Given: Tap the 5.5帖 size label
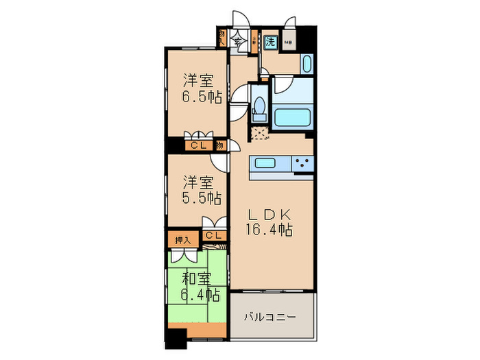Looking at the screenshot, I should (x=201, y=199).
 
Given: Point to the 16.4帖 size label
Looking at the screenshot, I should (x=269, y=230).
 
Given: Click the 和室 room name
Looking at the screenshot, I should (x=197, y=278).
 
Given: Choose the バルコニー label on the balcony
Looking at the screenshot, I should (x=272, y=318).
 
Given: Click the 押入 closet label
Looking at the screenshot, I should (x=182, y=239).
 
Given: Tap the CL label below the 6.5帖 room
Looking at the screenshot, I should (x=199, y=145).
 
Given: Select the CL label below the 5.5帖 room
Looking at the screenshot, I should (x=214, y=236).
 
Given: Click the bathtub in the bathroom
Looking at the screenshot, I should (x=294, y=115).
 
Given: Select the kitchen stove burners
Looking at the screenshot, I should (x=302, y=163).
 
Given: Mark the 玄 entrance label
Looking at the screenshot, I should (x=239, y=42).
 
